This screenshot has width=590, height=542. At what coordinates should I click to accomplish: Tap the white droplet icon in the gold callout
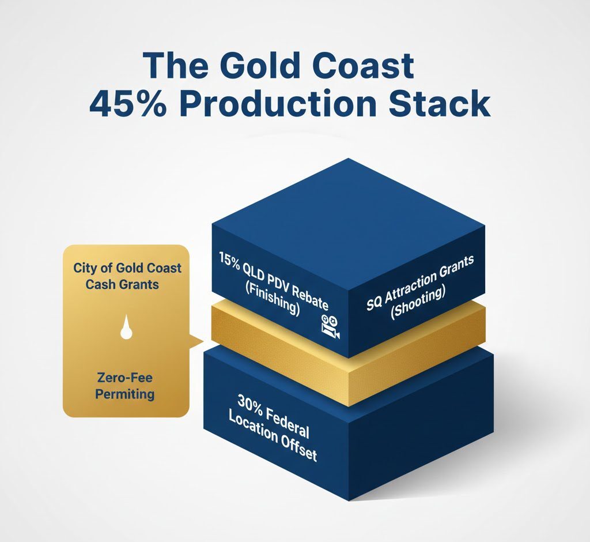coord(125,328)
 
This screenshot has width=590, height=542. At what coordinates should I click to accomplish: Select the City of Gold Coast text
coord(127,268)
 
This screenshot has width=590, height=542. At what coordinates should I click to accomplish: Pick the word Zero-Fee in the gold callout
coord(126,379)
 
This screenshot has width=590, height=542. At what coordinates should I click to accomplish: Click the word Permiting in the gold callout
coord(126,394)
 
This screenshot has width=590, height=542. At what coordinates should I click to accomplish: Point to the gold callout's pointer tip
coord(202,341)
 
